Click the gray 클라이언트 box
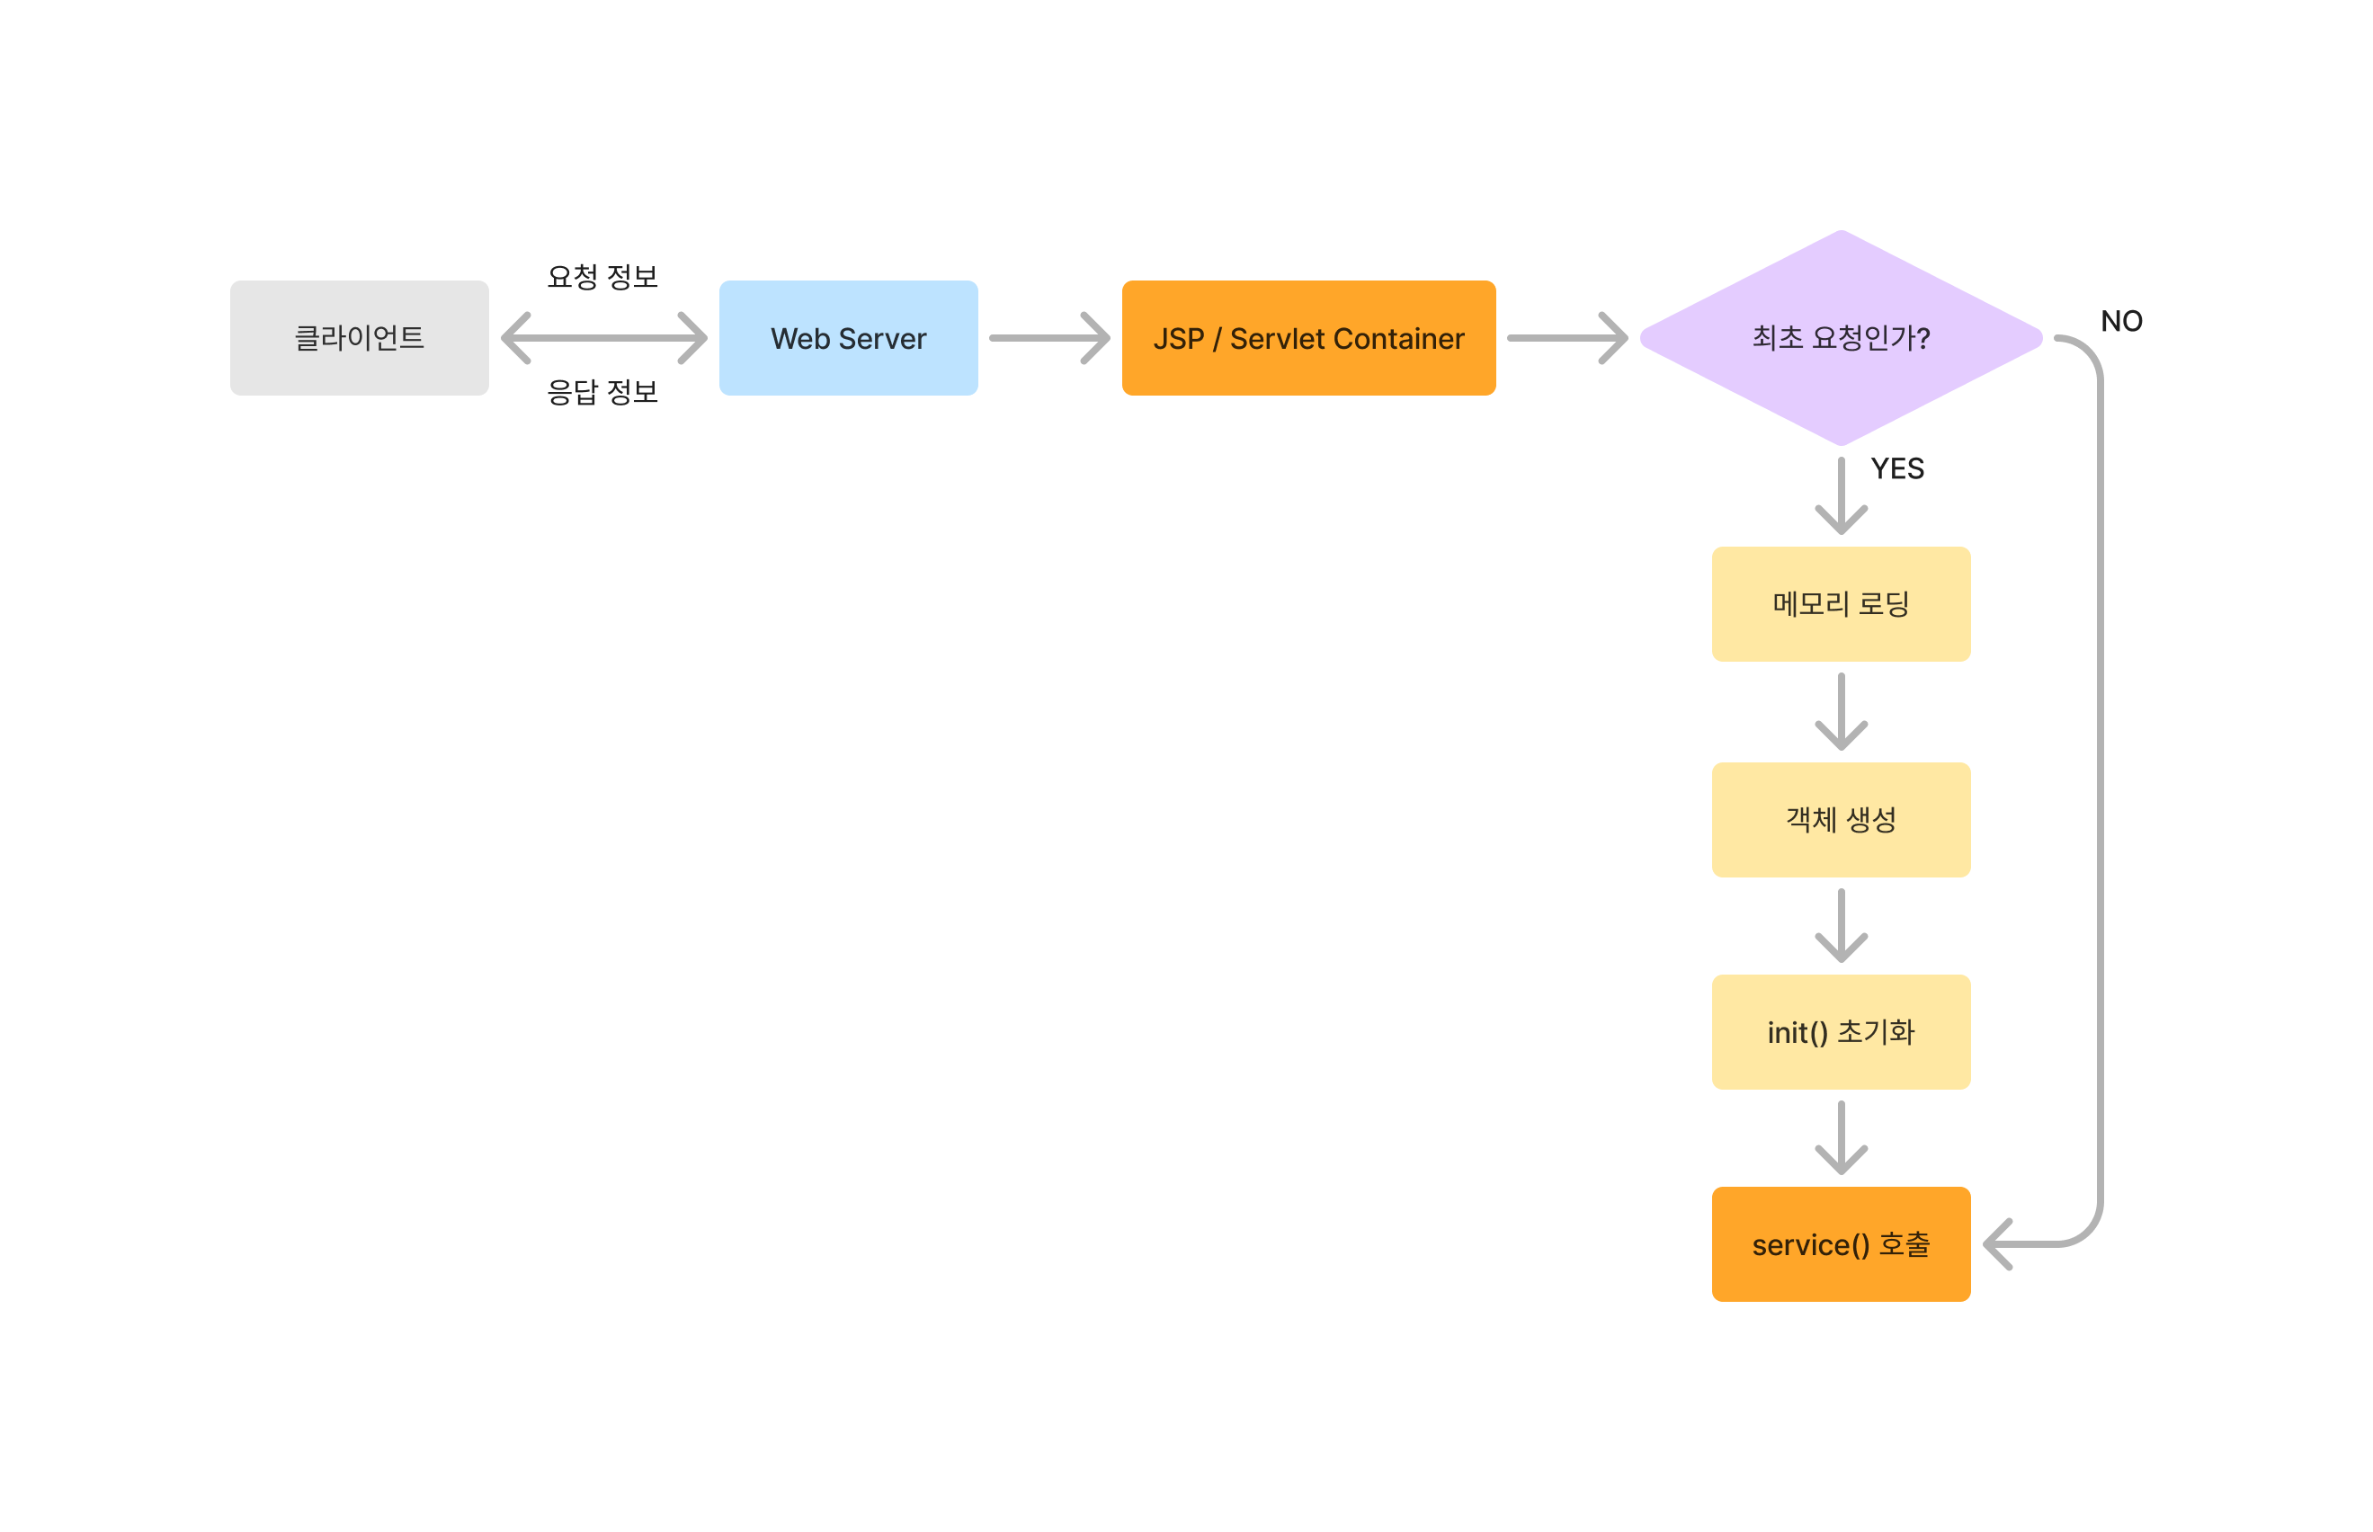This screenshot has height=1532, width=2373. point(359,338)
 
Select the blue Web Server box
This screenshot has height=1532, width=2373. point(848,338)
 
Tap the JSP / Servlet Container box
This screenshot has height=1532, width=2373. point(1307,338)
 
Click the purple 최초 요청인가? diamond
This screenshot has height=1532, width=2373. point(1840,338)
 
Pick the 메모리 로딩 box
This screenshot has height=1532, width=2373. point(1840,604)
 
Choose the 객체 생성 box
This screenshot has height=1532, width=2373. point(1840,820)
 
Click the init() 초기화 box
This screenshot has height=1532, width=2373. point(1840,1031)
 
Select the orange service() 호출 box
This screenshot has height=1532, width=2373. point(1840,1243)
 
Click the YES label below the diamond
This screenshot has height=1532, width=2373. point(1896,468)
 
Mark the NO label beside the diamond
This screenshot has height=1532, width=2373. point(2120,321)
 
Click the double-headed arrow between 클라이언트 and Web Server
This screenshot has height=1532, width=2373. point(604,338)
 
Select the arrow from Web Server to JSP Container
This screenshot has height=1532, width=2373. point(1048,338)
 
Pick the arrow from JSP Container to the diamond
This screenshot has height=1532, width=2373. point(1566,338)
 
